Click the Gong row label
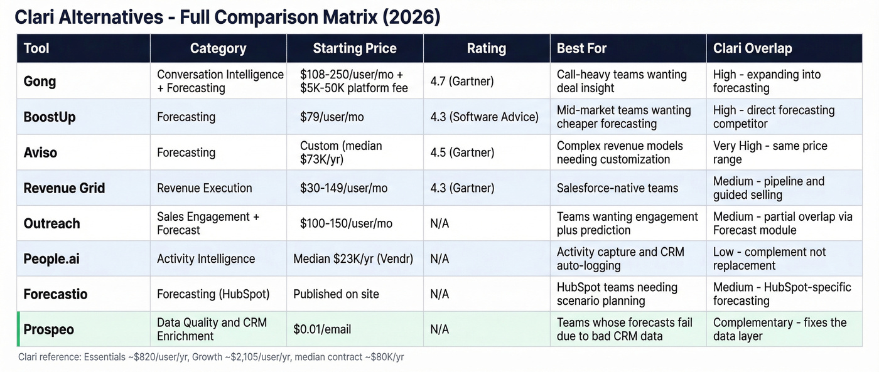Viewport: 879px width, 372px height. tap(40, 82)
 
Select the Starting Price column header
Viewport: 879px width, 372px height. tap(355, 48)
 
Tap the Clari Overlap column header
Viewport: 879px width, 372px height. tap(752, 48)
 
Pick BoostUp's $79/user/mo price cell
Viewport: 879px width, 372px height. tap(332, 117)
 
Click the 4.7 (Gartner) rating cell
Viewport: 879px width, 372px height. tap(463, 82)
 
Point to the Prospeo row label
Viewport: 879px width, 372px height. tap(48, 329)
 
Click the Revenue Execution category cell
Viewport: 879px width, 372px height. tap(204, 188)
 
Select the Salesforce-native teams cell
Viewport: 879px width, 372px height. tap(618, 188)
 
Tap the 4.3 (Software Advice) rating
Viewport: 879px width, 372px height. tap(484, 117)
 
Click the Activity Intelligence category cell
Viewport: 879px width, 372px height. tap(206, 258)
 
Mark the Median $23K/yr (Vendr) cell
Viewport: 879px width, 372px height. tap(353, 258)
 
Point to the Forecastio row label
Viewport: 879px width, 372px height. tap(55, 294)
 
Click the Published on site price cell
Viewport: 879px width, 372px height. tap(336, 294)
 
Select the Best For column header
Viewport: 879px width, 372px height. tap(581, 48)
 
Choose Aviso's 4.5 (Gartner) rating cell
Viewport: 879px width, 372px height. tap(463, 152)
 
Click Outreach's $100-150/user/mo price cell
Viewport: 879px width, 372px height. tap(346, 223)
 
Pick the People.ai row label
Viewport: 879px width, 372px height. tap(51, 258)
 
